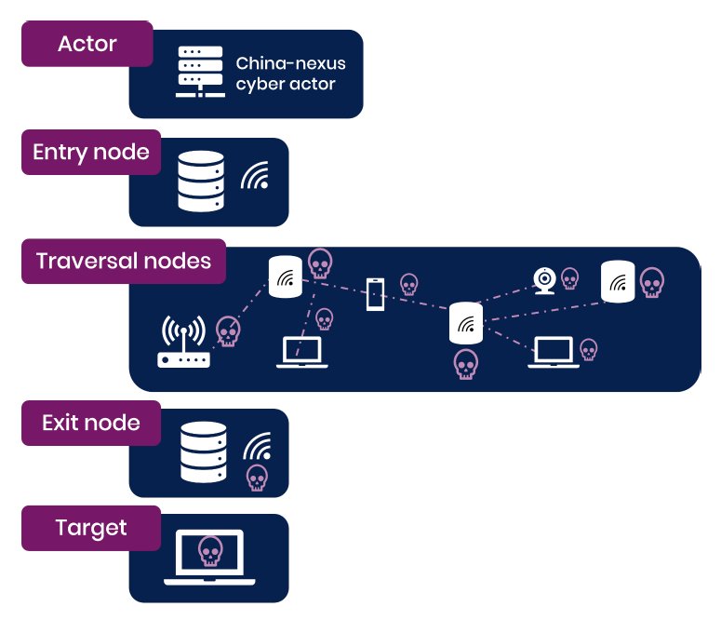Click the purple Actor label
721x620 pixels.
(87, 44)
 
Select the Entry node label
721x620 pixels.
(90, 153)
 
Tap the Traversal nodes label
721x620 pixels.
(124, 261)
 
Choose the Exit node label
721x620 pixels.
(91, 423)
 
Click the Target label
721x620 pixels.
(91, 528)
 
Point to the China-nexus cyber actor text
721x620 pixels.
(290, 74)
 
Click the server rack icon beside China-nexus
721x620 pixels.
(200, 73)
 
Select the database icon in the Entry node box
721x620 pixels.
(201, 181)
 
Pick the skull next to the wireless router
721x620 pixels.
(228, 330)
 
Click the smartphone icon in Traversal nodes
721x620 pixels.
(374, 294)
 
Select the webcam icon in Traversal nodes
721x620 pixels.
(544, 280)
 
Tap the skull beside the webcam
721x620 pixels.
(569, 278)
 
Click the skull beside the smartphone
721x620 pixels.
(408, 284)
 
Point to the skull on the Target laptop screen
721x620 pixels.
(210, 552)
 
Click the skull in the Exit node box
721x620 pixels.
(256, 478)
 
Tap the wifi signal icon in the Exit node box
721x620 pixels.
(258, 447)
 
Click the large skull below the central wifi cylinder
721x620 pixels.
(466, 364)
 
